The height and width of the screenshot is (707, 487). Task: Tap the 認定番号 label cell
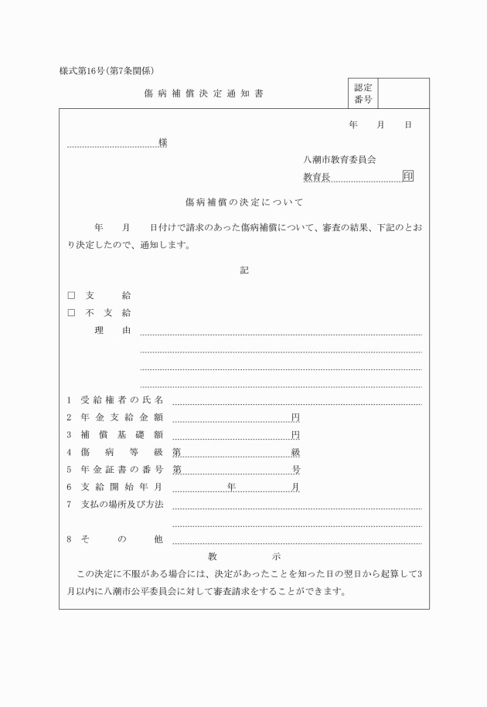click(x=363, y=93)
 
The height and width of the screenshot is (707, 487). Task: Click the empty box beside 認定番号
click(x=404, y=93)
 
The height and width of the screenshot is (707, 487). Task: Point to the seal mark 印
click(x=408, y=176)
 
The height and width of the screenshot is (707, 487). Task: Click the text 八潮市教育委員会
click(x=339, y=160)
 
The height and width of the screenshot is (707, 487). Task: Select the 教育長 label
click(x=316, y=177)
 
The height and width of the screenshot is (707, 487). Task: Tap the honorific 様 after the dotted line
click(x=163, y=143)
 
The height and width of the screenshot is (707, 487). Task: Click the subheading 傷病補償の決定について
click(x=244, y=202)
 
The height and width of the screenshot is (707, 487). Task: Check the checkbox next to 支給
click(x=71, y=295)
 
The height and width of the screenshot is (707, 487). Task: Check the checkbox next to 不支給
click(x=71, y=313)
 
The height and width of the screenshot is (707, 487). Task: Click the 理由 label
click(x=113, y=331)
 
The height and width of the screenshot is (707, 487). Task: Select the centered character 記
click(x=244, y=270)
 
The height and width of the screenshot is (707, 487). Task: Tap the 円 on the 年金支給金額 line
click(x=295, y=417)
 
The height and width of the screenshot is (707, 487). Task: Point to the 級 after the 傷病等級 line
click(x=295, y=452)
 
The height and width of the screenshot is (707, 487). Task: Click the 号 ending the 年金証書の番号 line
click(x=295, y=469)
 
